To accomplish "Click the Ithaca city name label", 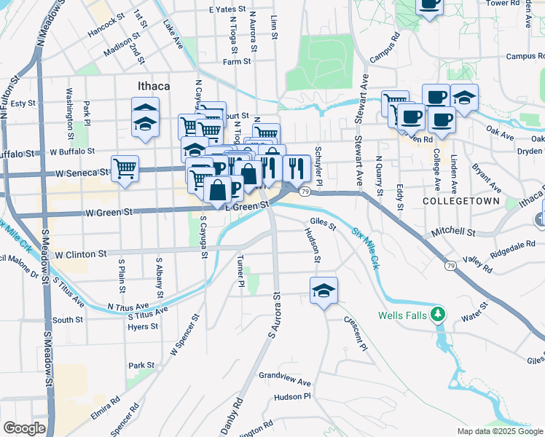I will pos(154,86).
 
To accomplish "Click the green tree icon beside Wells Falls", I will pos(438,315).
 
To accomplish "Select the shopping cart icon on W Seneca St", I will pos(125,169).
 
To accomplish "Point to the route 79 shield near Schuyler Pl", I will pos(305,191).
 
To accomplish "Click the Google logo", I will pos(25,428).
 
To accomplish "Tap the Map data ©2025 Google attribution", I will pos(500,431).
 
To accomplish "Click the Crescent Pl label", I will pos(356,332).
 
